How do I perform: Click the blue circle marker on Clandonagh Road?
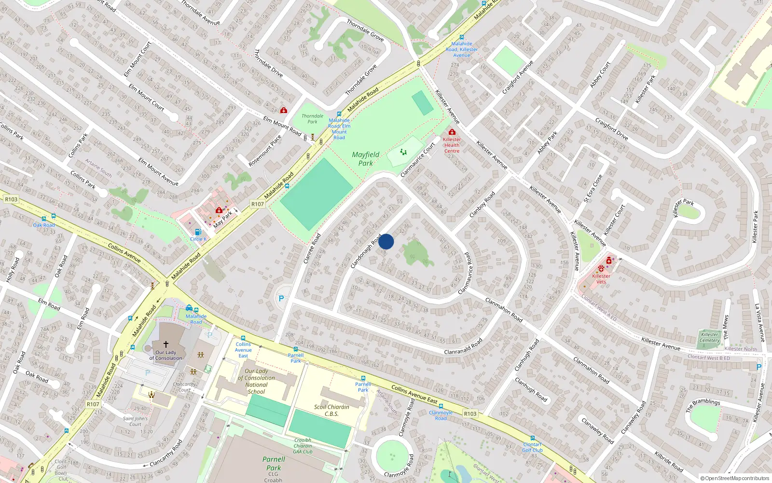click(x=386, y=241)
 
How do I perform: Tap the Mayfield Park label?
click(x=365, y=159)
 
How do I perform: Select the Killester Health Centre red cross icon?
click(x=452, y=132)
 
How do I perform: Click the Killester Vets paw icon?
click(x=601, y=269)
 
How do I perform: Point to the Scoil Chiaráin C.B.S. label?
click(x=331, y=410)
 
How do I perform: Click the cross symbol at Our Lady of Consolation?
click(x=165, y=344)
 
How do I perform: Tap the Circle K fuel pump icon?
click(x=198, y=232)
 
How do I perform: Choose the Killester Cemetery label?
click(x=709, y=337)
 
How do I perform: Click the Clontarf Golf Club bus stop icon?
click(x=532, y=439)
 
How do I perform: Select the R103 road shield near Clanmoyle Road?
click(x=470, y=413)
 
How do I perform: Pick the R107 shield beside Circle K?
click(x=258, y=204)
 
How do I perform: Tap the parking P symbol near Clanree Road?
click(x=281, y=298)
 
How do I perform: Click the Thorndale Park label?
click(x=312, y=119)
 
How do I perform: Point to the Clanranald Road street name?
click(x=463, y=346)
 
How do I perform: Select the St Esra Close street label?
click(x=593, y=188)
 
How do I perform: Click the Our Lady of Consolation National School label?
click(x=256, y=382)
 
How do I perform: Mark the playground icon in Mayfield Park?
click(x=403, y=152)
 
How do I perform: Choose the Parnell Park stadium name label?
click(x=274, y=463)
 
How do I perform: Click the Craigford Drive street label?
click(x=611, y=129)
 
